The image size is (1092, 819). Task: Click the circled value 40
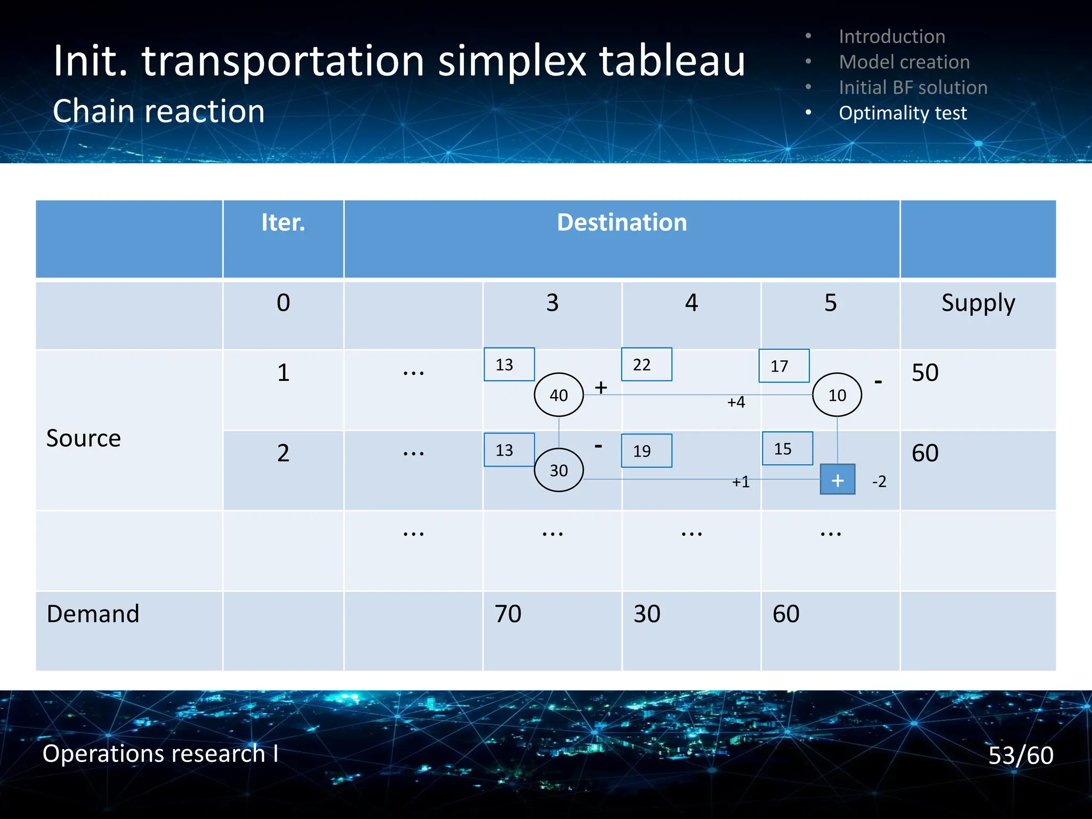pos(559,395)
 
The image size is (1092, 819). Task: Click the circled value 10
pos(837,395)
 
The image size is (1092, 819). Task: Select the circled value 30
pos(559,470)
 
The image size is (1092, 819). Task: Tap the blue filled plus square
pos(837,479)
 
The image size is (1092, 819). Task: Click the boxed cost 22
pos(646,365)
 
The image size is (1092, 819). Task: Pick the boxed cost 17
pos(784,366)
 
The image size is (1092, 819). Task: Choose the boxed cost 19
pos(646,451)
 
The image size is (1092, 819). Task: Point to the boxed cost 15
pos(787,449)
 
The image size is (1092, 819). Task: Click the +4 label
pos(736,402)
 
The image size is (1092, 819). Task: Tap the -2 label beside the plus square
pos(879,481)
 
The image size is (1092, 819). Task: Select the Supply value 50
pos(925,372)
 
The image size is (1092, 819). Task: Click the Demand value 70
pos(508,614)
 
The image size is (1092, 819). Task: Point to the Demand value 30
pos(647,614)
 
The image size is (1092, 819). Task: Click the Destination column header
pos(622,222)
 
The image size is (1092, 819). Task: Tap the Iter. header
pos(283,222)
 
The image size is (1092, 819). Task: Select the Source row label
pos(84,438)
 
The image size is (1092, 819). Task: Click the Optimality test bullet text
pos(902,113)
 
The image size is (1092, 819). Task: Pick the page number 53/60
pos(1021,756)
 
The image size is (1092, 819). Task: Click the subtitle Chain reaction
pos(159,111)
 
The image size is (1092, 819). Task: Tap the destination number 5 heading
pos(830,303)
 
